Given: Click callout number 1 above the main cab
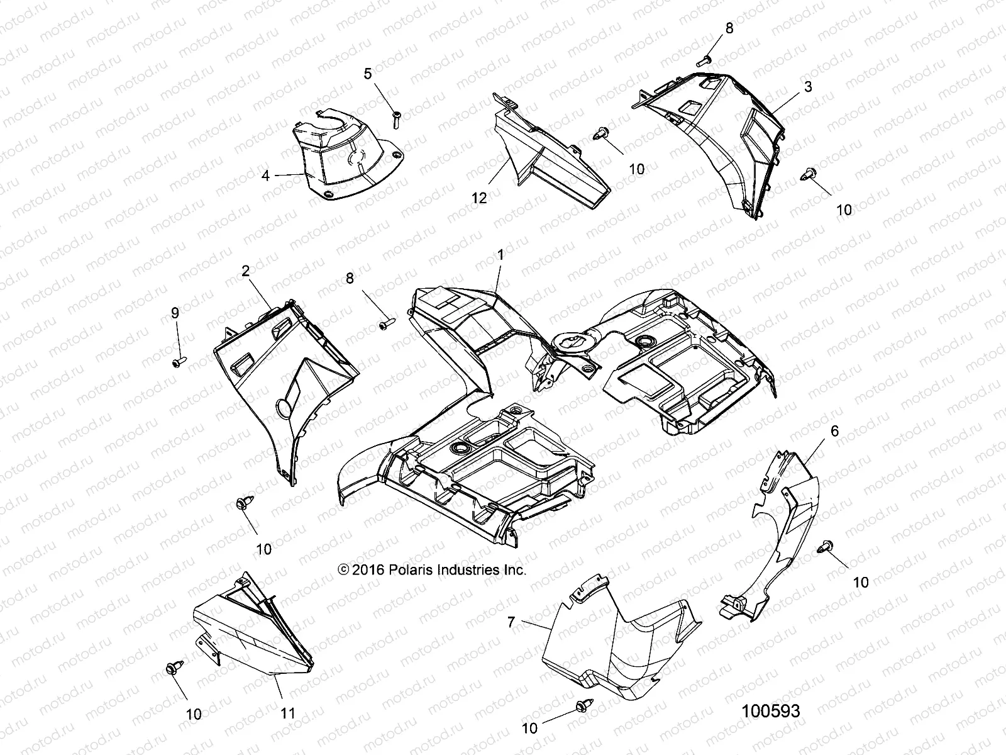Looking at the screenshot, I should pyautogui.click(x=500, y=255).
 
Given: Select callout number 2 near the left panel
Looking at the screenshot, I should pyautogui.click(x=245, y=271).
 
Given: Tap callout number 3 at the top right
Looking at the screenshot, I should pyautogui.click(x=808, y=87).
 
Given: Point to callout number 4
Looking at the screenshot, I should pyautogui.click(x=266, y=175).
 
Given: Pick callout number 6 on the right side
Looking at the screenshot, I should pyautogui.click(x=834, y=431).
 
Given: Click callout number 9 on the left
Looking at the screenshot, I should pyautogui.click(x=175, y=312).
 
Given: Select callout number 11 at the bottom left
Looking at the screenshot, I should pyautogui.click(x=288, y=713).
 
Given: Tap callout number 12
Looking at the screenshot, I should pyautogui.click(x=479, y=198).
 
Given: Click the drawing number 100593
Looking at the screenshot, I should pyautogui.click(x=771, y=711).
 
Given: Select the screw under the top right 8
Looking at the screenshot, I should pyautogui.click(x=704, y=61).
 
